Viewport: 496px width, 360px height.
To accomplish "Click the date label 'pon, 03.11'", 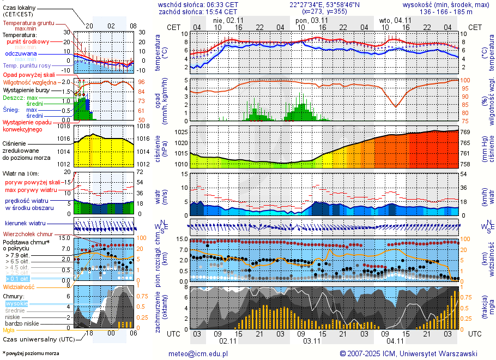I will point(312,20).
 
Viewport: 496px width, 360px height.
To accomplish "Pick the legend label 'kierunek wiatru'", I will point(25,224).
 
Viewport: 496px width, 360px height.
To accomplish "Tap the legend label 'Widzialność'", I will point(19,286).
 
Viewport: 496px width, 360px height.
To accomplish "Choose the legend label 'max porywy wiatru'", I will point(32,189).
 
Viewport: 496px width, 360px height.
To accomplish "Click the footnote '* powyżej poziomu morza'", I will point(31,353).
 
